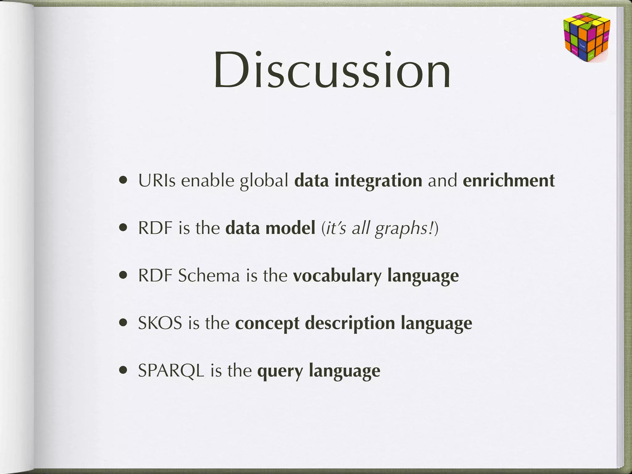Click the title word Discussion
(x=332, y=70)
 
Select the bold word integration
(x=378, y=181)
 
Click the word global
(x=264, y=181)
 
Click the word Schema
(x=209, y=276)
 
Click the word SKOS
(x=160, y=323)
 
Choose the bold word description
(x=350, y=324)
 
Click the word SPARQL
(x=171, y=371)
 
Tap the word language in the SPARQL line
(x=344, y=371)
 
